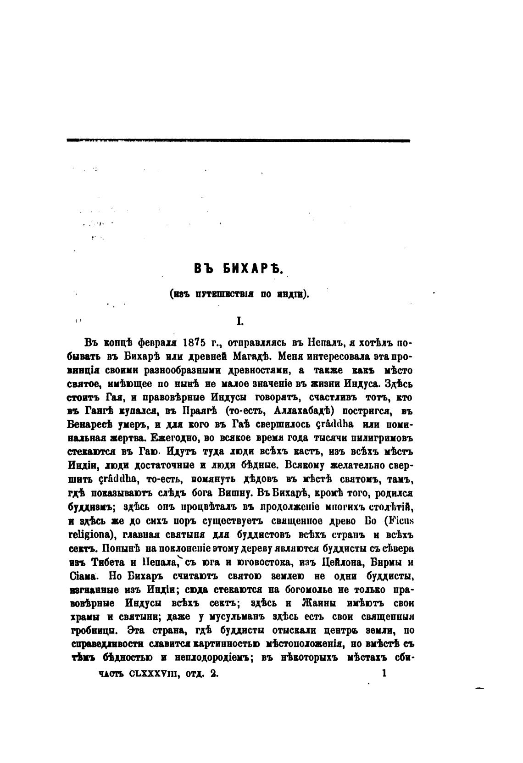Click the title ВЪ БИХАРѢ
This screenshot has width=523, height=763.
click(x=238, y=269)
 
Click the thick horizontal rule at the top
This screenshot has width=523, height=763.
click(x=238, y=141)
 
